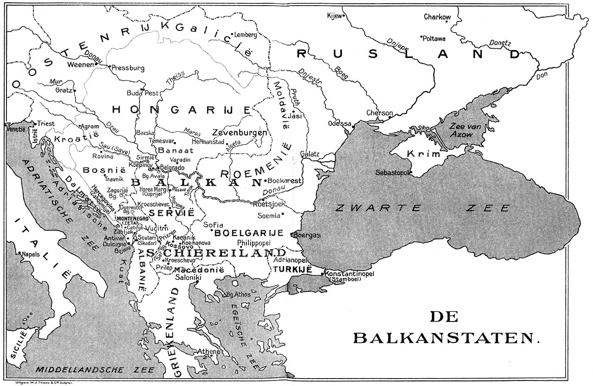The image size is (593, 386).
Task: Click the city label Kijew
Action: click(x=334, y=16)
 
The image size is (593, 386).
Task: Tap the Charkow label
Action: click(x=437, y=17)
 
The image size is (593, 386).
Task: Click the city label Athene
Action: click(x=208, y=352)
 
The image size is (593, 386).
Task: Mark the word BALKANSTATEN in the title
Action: click(x=447, y=337)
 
